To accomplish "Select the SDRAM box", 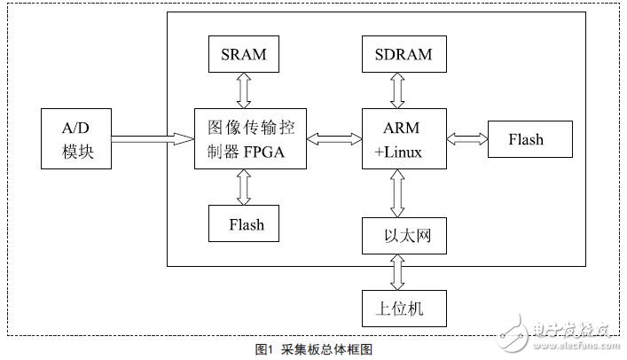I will (398, 55).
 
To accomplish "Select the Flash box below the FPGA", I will (246, 223).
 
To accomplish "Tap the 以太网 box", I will (398, 238).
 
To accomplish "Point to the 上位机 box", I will (398, 308).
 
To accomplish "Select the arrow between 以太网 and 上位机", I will (398, 270).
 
